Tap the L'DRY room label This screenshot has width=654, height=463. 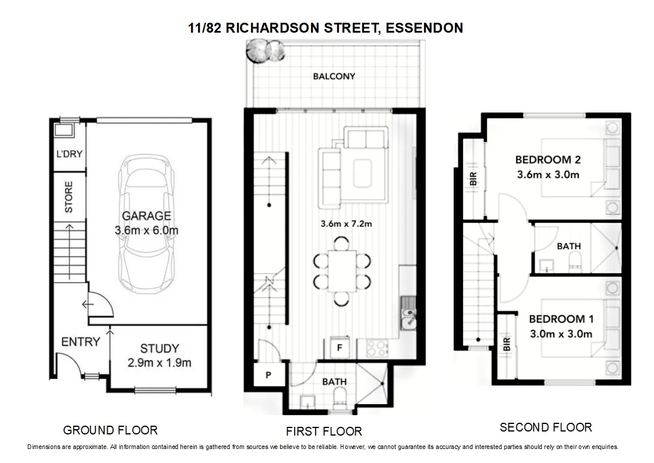click(69, 155)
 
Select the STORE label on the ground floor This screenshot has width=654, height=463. click(69, 198)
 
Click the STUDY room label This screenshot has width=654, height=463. click(160, 349)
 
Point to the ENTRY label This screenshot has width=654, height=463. click(80, 342)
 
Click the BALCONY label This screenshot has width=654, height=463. click(334, 76)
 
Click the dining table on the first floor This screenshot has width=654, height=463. click(342, 271)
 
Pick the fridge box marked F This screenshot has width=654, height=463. click(338, 348)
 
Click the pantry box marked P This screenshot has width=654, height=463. click(268, 375)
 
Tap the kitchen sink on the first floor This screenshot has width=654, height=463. click(409, 317)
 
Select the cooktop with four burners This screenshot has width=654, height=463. click(377, 348)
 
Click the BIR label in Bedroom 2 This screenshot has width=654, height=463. click(472, 178)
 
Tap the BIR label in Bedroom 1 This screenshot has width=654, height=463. click(505, 344)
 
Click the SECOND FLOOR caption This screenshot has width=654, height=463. click(545, 427)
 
